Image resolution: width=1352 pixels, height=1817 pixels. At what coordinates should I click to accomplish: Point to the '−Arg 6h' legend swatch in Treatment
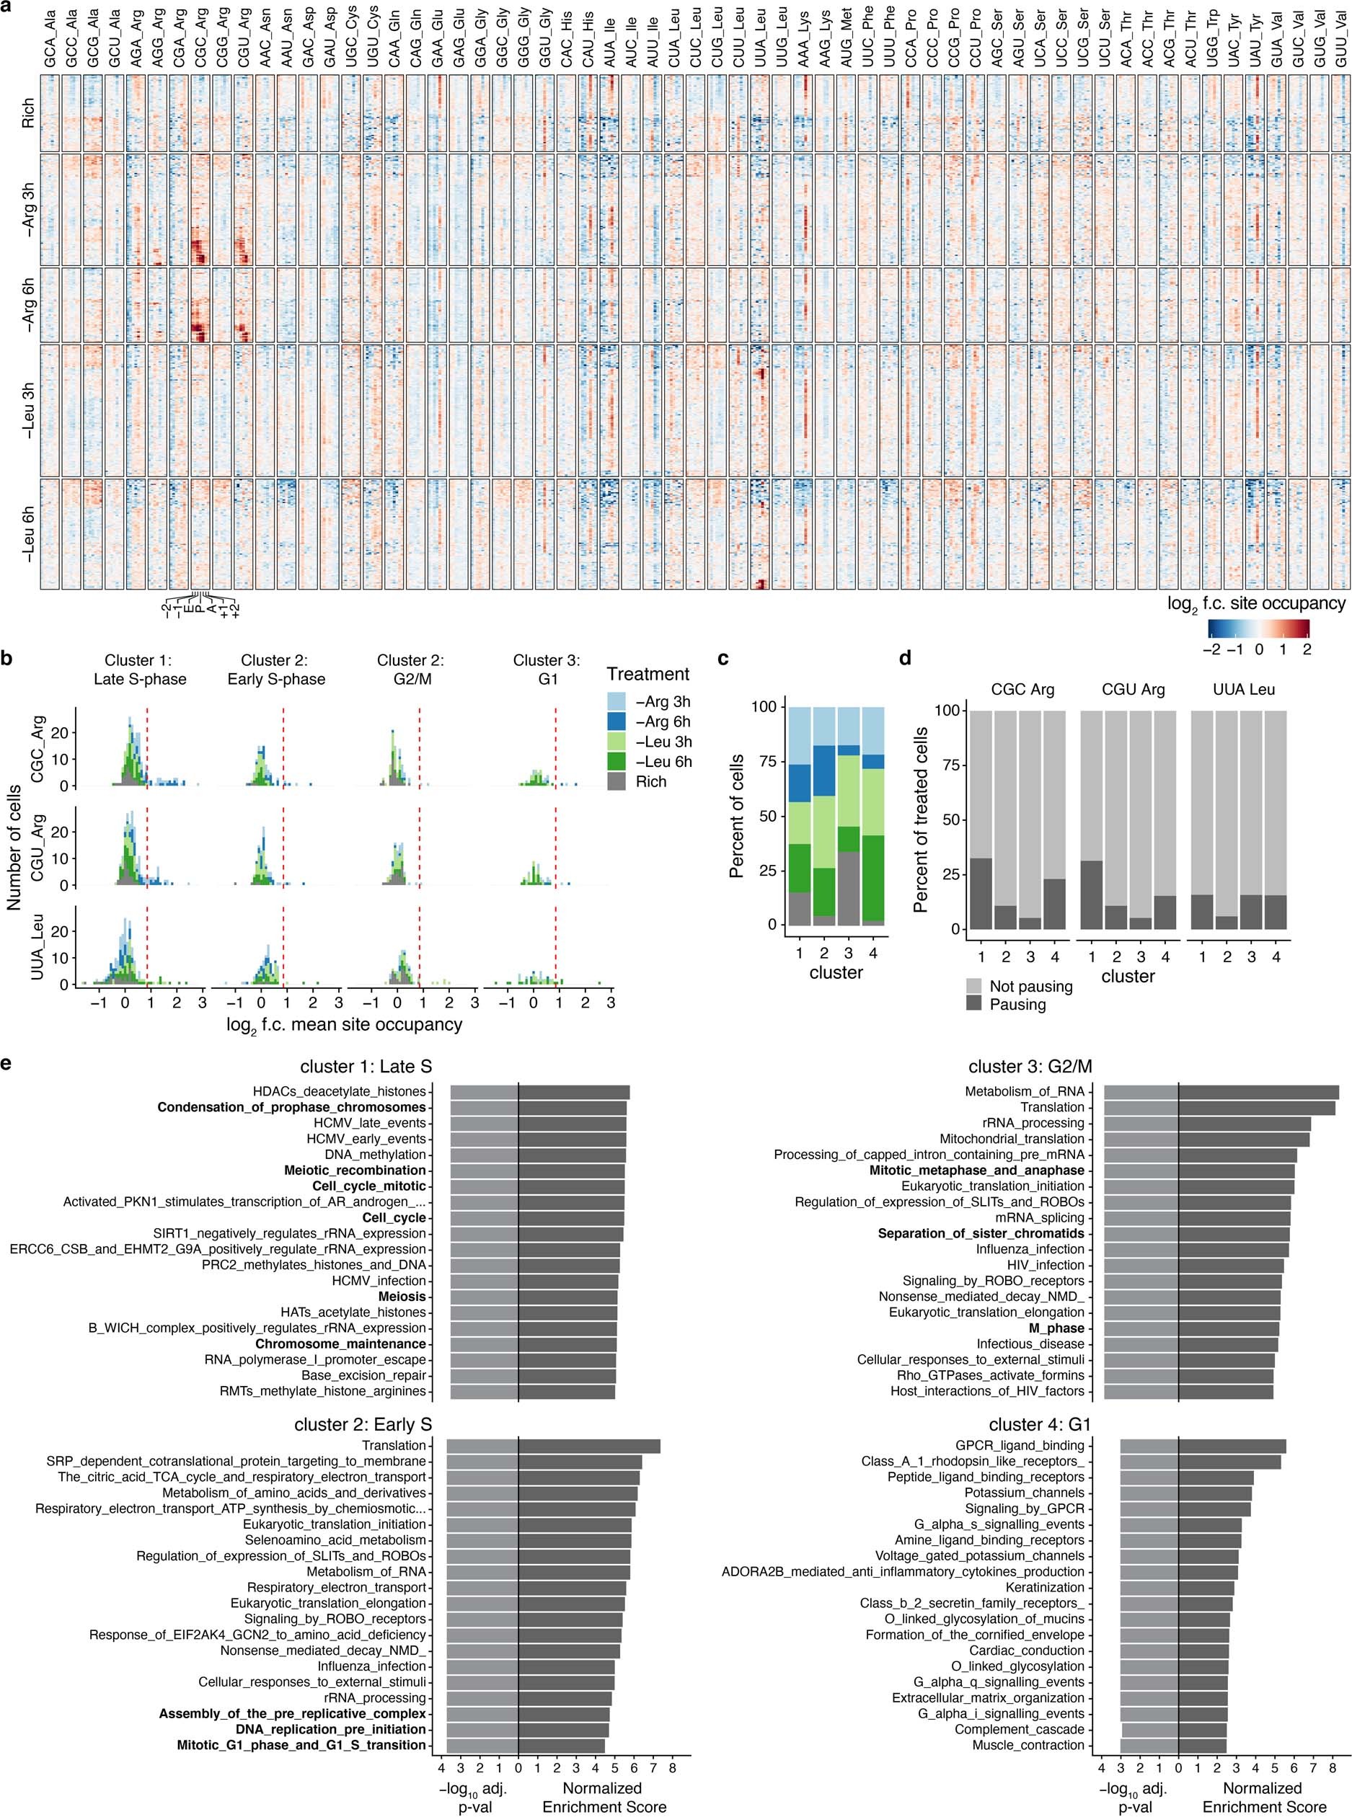618,721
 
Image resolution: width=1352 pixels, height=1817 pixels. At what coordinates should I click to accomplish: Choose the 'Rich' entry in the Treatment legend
650,781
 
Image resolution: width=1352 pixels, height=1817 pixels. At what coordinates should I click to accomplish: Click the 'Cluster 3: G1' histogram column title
547,669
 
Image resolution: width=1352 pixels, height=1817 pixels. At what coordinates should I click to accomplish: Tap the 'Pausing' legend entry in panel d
1018,1004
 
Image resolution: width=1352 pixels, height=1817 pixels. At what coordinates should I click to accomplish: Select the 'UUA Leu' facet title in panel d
1244,689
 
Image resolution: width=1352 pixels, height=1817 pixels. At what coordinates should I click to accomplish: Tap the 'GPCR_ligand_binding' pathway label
1019,1446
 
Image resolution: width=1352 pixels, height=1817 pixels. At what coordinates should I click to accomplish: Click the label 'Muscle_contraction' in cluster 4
1028,1745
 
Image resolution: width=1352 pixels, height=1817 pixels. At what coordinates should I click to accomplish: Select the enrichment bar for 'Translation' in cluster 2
588,1446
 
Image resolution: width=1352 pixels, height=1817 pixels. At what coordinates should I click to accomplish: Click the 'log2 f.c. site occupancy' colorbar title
1256,604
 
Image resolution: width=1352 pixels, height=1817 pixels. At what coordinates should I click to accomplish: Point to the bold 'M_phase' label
1056,1328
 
